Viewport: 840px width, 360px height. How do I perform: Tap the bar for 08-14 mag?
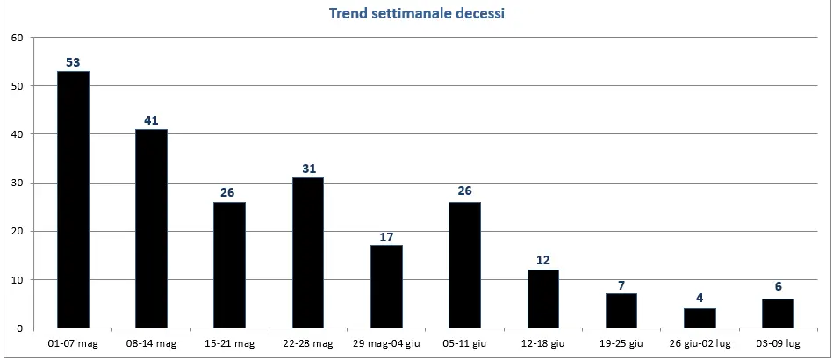tap(151, 228)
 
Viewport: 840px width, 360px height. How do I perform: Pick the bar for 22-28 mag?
tap(307, 253)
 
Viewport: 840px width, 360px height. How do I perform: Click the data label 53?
tap(73, 62)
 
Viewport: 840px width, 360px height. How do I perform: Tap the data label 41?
tap(151, 120)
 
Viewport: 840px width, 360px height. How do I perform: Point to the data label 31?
tap(307, 169)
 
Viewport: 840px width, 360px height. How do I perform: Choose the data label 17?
tap(386, 236)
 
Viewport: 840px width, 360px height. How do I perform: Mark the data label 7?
tap(621, 284)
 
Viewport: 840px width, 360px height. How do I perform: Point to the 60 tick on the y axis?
tap(17, 38)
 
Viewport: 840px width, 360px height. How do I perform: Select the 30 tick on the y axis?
tap(17, 183)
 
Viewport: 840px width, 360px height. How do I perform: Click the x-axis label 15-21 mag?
tap(229, 343)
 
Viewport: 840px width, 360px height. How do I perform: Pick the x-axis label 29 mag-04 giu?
tap(386, 343)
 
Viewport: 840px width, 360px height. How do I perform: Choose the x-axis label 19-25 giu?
tap(621, 343)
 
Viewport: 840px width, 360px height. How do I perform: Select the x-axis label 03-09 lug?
tap(778, 343)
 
